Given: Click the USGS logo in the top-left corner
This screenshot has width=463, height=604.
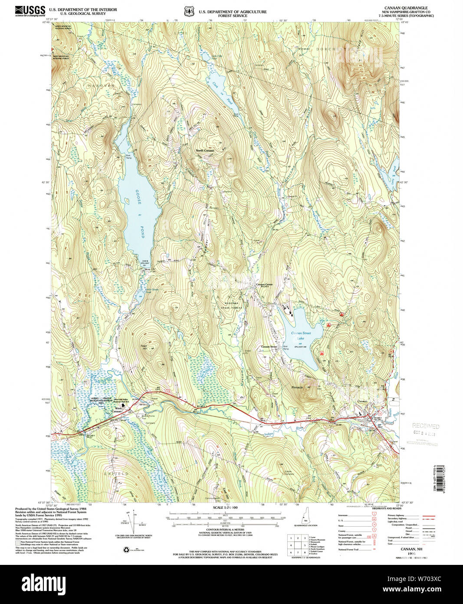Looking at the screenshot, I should point(30,10).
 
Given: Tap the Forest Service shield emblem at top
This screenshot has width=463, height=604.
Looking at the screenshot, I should point(188,10).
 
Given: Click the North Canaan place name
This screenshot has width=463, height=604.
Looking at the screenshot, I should point(205,151).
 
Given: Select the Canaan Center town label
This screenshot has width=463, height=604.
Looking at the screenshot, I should point(264,285).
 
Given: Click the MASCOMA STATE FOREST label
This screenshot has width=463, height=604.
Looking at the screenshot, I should point(232,305).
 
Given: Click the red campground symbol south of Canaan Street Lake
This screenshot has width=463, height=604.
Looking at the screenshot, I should point(322,354).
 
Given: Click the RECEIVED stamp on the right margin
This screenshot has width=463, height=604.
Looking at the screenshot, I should point(425,426).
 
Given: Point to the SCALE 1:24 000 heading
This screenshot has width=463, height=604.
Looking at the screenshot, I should point(225,508).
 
